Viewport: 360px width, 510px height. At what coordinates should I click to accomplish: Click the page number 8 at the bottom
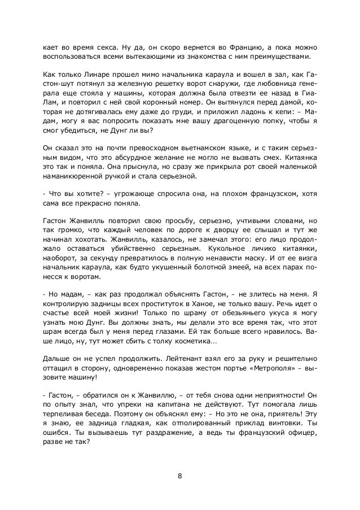point(179,474)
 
